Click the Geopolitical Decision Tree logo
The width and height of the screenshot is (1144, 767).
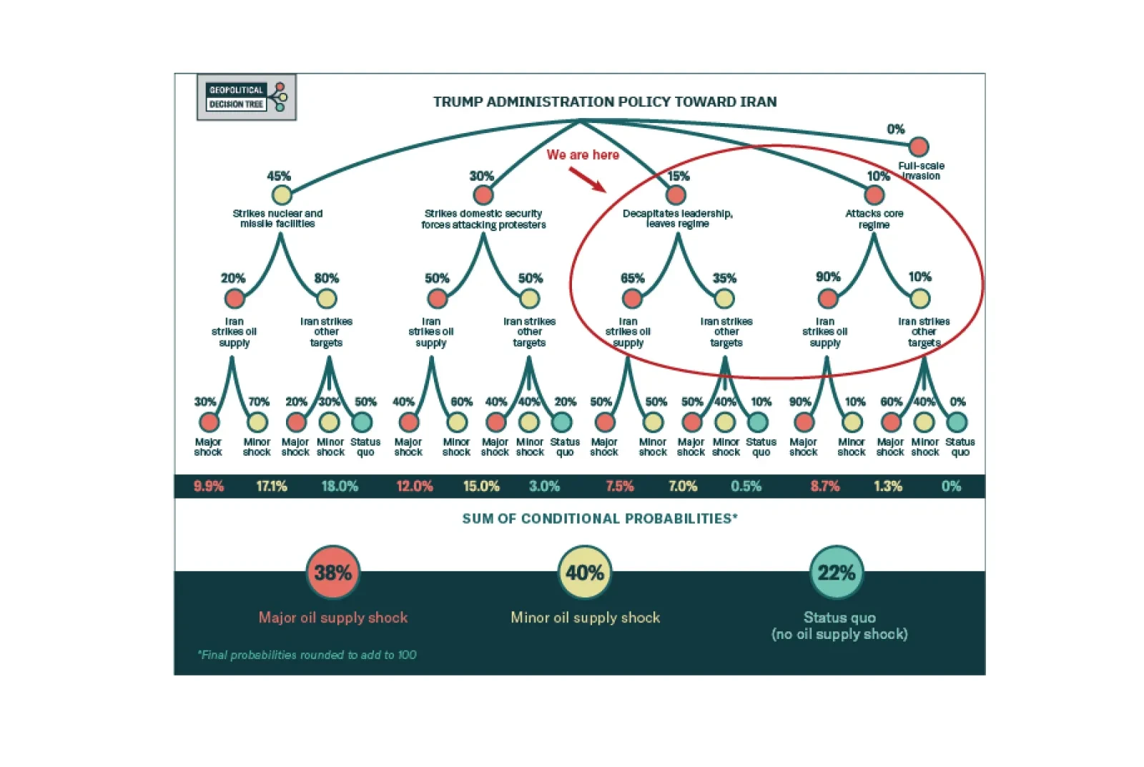coord(246,97)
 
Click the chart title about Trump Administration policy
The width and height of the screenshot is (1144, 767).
coord(605,102)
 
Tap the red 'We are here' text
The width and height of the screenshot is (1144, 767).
coord(583,155)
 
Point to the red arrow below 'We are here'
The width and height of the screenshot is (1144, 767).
coord(587,180)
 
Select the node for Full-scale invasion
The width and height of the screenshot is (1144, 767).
coord(918,147)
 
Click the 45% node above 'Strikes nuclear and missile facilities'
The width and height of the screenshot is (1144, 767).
coord(282,195)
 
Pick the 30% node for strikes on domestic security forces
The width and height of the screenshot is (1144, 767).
coord(483,195)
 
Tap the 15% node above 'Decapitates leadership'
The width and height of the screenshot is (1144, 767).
coord(676,195)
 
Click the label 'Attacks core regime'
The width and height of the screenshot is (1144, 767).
coord(874,219)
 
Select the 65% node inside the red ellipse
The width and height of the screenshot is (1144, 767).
coord(632,298)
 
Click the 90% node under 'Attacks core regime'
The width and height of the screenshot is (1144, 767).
coord(828,298)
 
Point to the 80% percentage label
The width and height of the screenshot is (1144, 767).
coord(326,278)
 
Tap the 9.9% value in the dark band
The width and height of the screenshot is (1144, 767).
coord(209,487)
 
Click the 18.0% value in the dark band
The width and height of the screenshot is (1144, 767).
coord(340,487)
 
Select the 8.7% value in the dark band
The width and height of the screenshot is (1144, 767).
coord(825,487)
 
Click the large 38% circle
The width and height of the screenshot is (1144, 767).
coord(333,572)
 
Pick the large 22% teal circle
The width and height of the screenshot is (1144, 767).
coord(837,572)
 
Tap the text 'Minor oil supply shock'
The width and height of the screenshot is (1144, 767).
coord(586,617)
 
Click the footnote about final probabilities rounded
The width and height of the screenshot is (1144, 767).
coord(307,655)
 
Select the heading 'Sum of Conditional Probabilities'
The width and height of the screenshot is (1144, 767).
coord(600,519)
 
